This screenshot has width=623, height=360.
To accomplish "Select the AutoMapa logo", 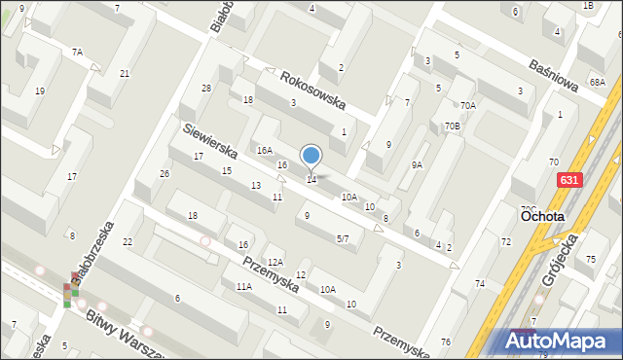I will [x=561, y=340].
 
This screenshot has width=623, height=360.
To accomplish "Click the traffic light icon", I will [x=71, y=295].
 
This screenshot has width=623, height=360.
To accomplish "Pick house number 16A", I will [x=264, y=151].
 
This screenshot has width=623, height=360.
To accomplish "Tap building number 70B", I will [x=452, y=126].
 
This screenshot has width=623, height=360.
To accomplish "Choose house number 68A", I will [x=597, y=83].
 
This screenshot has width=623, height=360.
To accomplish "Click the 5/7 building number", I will [x=343, y=238].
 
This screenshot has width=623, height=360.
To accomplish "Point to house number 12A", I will [x=275, y=262].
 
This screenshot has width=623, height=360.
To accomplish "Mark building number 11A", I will [x=243, y=286].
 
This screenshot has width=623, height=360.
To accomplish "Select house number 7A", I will [x=77, y=51].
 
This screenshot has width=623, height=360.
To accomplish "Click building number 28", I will [x=206, y=89].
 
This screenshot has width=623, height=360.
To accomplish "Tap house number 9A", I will [x=417, y=164].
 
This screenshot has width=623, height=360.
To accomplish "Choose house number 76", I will [x=445, y=342].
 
